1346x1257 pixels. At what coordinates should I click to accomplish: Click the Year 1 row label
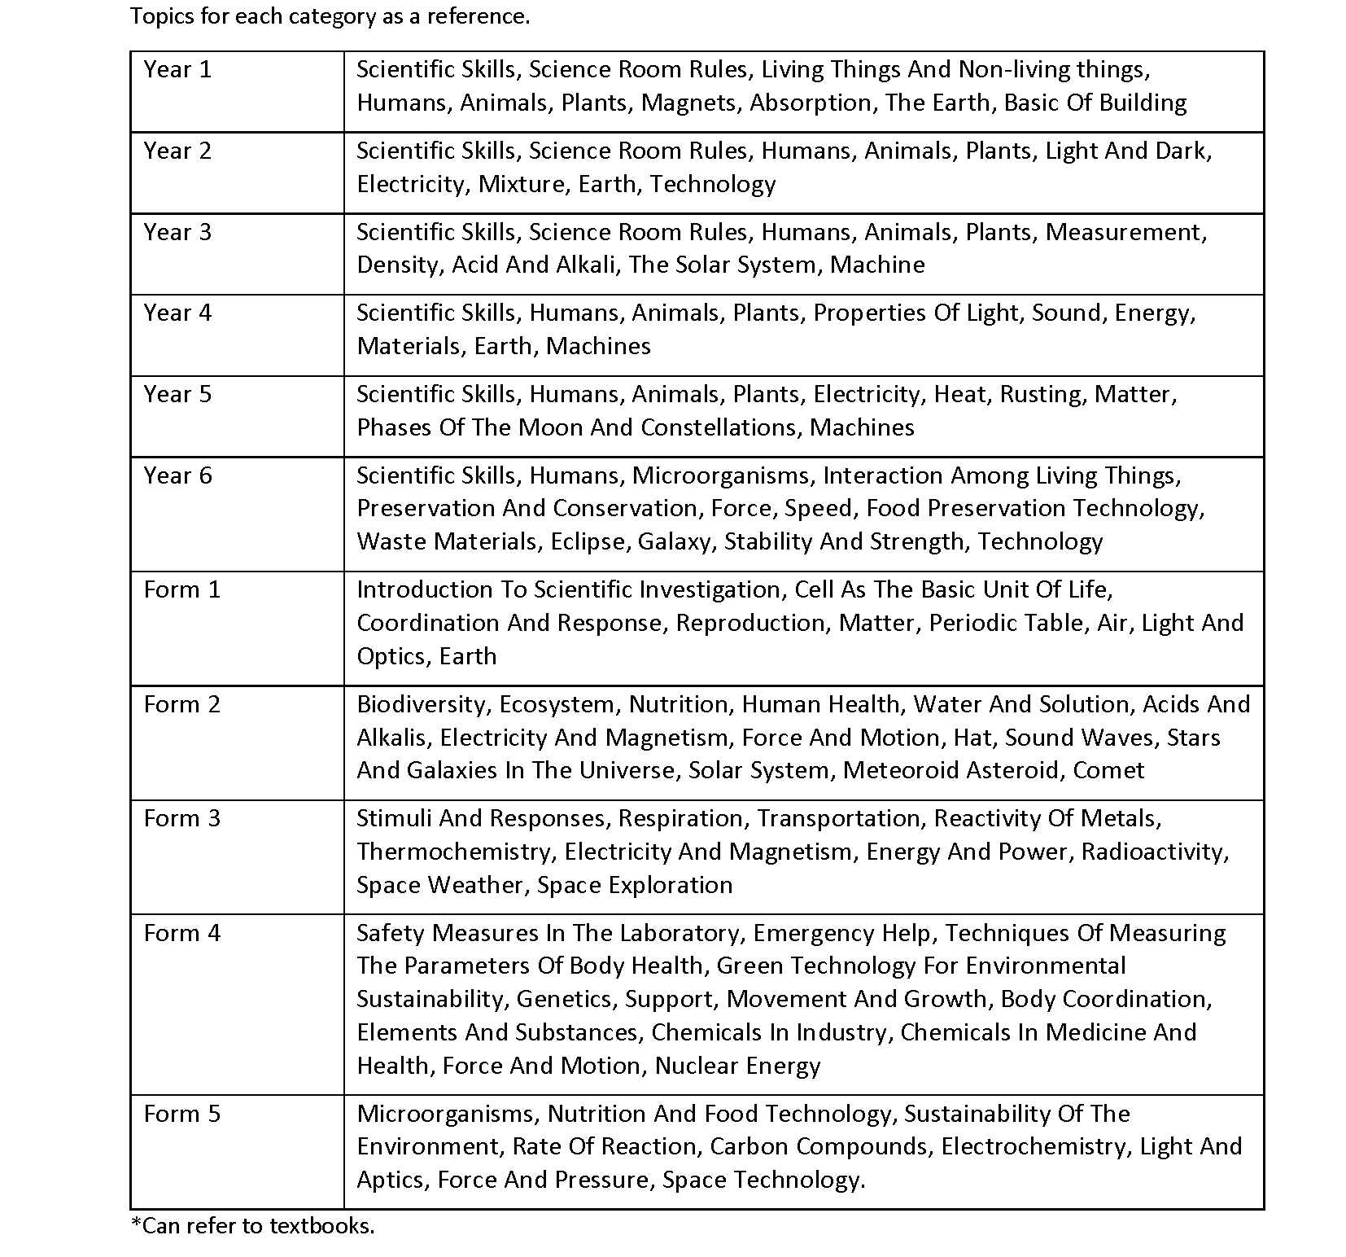coord(177,70)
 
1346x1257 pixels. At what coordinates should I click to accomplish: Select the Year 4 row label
coord(177,313)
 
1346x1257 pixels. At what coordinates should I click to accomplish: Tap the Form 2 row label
coord(181,705)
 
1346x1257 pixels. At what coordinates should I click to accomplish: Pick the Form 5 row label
coord(181,1114)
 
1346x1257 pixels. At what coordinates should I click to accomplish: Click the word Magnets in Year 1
coord(691,103)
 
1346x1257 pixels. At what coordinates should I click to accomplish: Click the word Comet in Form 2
coord(1108,771)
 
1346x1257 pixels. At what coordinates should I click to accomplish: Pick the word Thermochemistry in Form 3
coord(455,852)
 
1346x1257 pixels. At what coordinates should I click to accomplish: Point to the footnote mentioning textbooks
coord(253,1226)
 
